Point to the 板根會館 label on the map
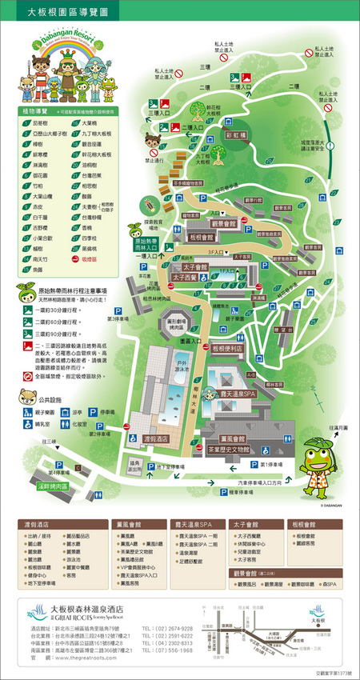[x=202, y=238]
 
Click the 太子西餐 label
[x=186, y=277]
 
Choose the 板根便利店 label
[x=227, y=349]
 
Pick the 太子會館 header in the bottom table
[x=247, y=525]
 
